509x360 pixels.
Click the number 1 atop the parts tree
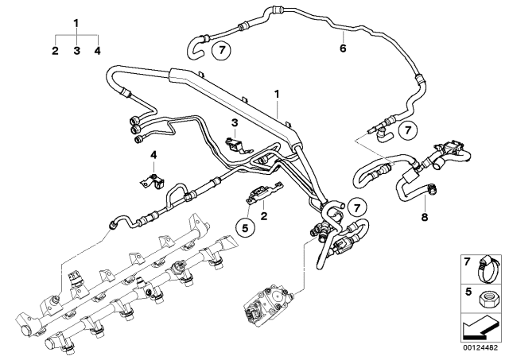coord(76,22)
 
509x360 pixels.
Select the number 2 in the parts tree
coord(55,50)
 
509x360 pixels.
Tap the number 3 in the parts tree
coord(76,50)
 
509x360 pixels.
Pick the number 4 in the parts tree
coord(97,50)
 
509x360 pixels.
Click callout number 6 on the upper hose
coord(344,48)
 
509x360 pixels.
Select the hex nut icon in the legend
coord(485,299)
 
